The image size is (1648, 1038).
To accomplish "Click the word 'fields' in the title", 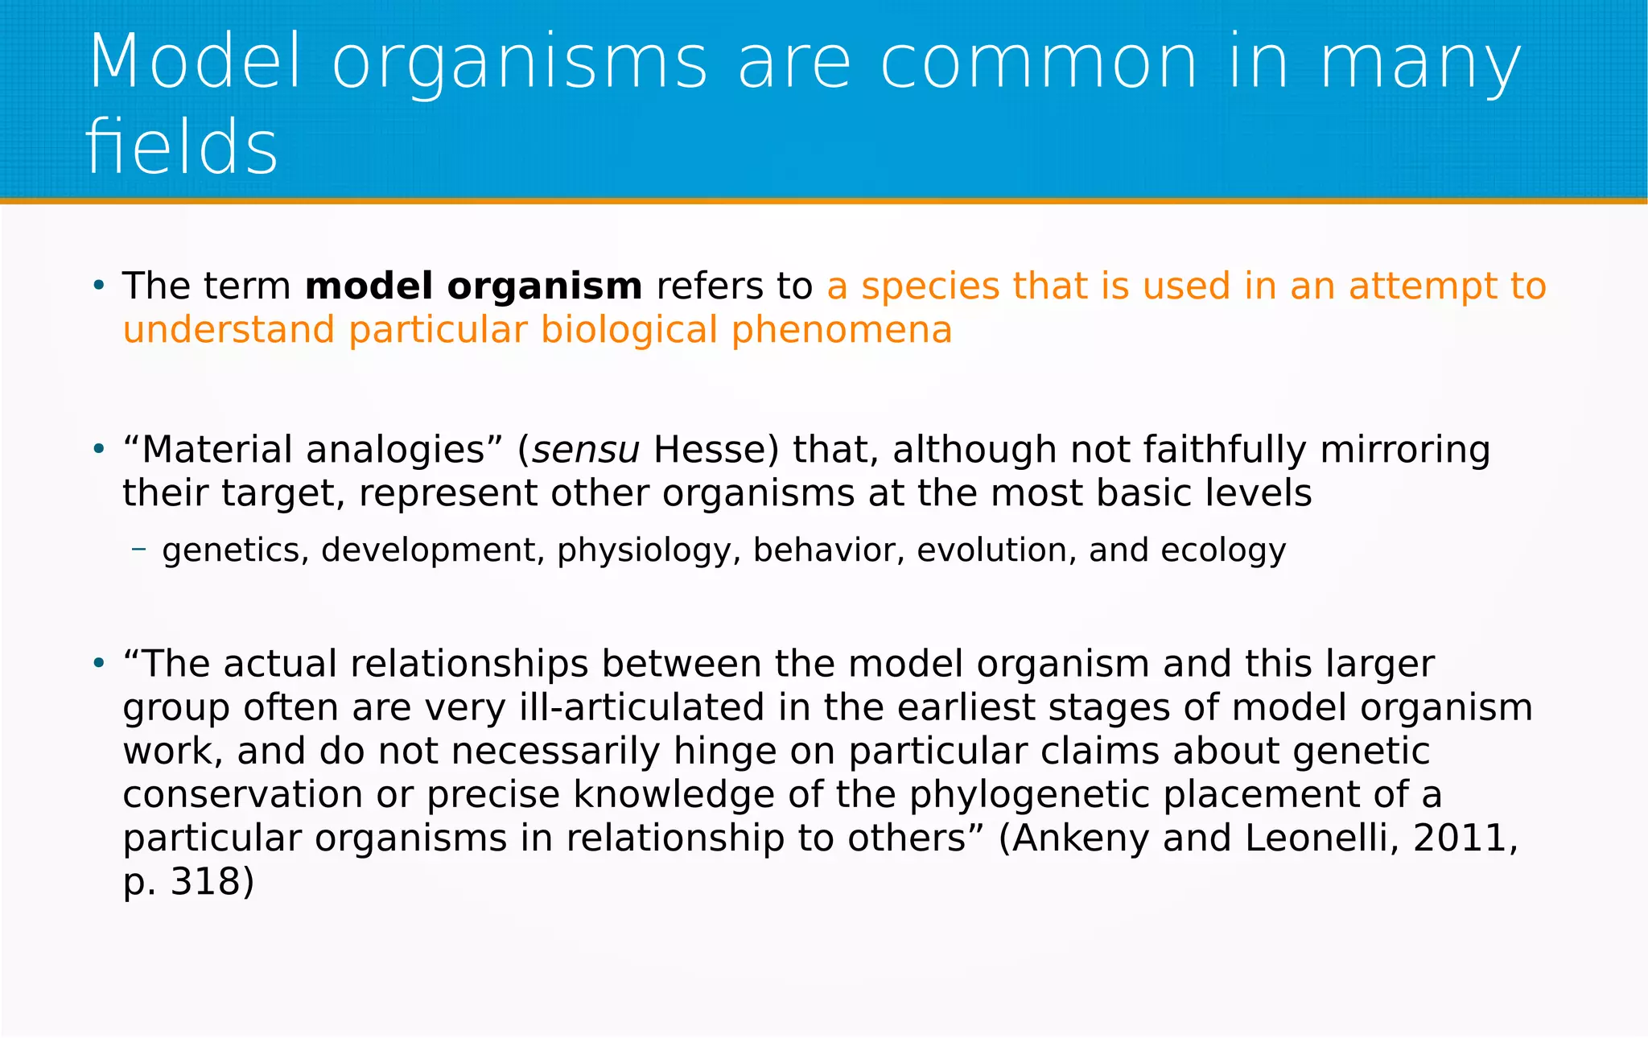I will click(182, 146).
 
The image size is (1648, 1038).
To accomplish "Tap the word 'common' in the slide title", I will click(1038, 63).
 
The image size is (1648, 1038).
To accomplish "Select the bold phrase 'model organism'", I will click(473, 286).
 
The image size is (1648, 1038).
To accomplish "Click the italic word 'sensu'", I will click(586, 450).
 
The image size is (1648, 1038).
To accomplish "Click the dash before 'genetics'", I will click(139, 550).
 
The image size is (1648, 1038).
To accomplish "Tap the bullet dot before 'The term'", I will click(98, 285).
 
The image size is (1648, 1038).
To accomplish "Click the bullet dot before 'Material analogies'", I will click(98, 448).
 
